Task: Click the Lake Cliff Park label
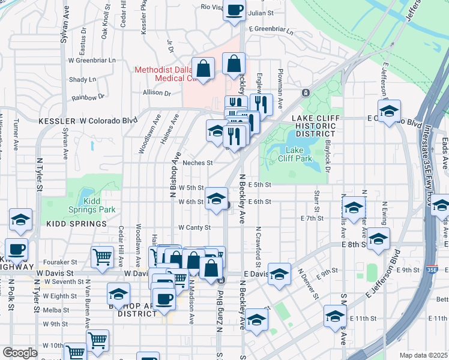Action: (295, 154)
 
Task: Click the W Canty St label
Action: (194, 228)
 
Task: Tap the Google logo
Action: (19, 353)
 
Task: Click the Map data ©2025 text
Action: (423, 355)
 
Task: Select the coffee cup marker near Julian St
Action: (234, 10)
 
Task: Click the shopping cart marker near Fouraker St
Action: (102, 257)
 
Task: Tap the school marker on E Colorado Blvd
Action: (389, 112)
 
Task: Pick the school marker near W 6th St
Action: (216, 199)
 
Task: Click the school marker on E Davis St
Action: (279, 274)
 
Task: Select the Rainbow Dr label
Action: (88, 96)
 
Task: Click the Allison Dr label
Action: (157, 93)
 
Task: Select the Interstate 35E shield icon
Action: (432, 269)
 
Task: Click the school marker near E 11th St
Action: (335, 316)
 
